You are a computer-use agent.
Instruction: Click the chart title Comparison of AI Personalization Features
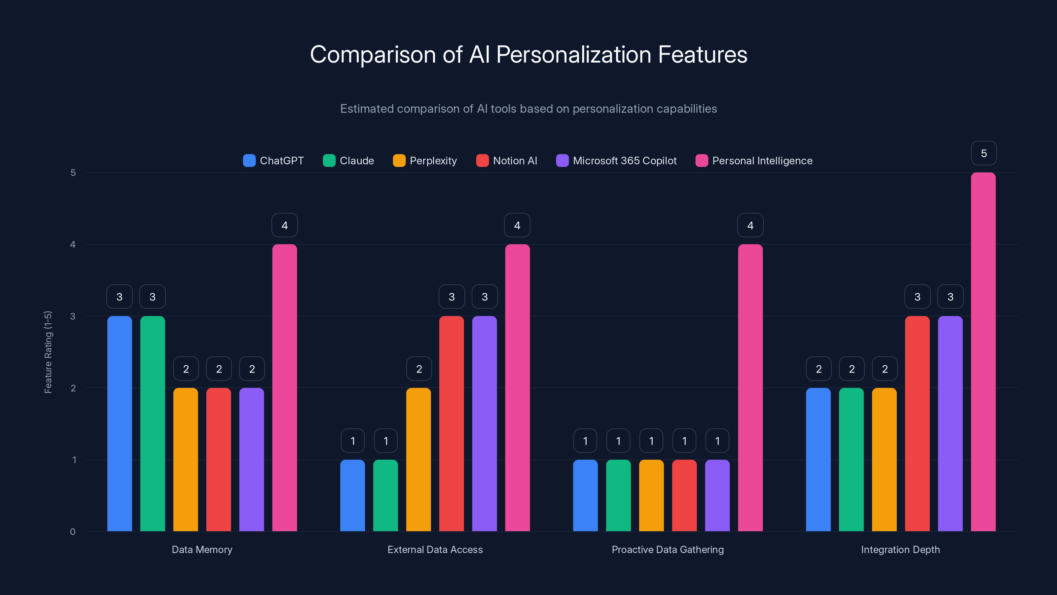pos(528,55)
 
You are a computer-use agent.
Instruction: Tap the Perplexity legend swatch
pos(399,161)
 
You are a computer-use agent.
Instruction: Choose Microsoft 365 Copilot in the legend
pos(616,161)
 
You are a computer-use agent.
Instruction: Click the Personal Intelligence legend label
pos(762,161)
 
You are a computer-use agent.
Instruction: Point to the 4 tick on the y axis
pos(73,245)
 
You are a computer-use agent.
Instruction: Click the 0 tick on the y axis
pos(73,532)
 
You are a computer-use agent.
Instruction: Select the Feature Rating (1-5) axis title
pos(48,352)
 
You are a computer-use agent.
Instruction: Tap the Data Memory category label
pos(202,549)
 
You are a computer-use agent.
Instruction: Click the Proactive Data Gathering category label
pos(668,549)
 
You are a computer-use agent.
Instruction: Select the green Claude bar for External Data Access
pos(385,496)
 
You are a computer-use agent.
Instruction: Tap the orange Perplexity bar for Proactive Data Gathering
pos(651,496)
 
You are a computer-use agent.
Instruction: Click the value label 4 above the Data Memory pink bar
pos(284,225)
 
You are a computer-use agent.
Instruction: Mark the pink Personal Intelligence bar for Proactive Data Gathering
pos(750,388)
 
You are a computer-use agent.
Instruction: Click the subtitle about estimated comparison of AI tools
pos(528,109)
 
